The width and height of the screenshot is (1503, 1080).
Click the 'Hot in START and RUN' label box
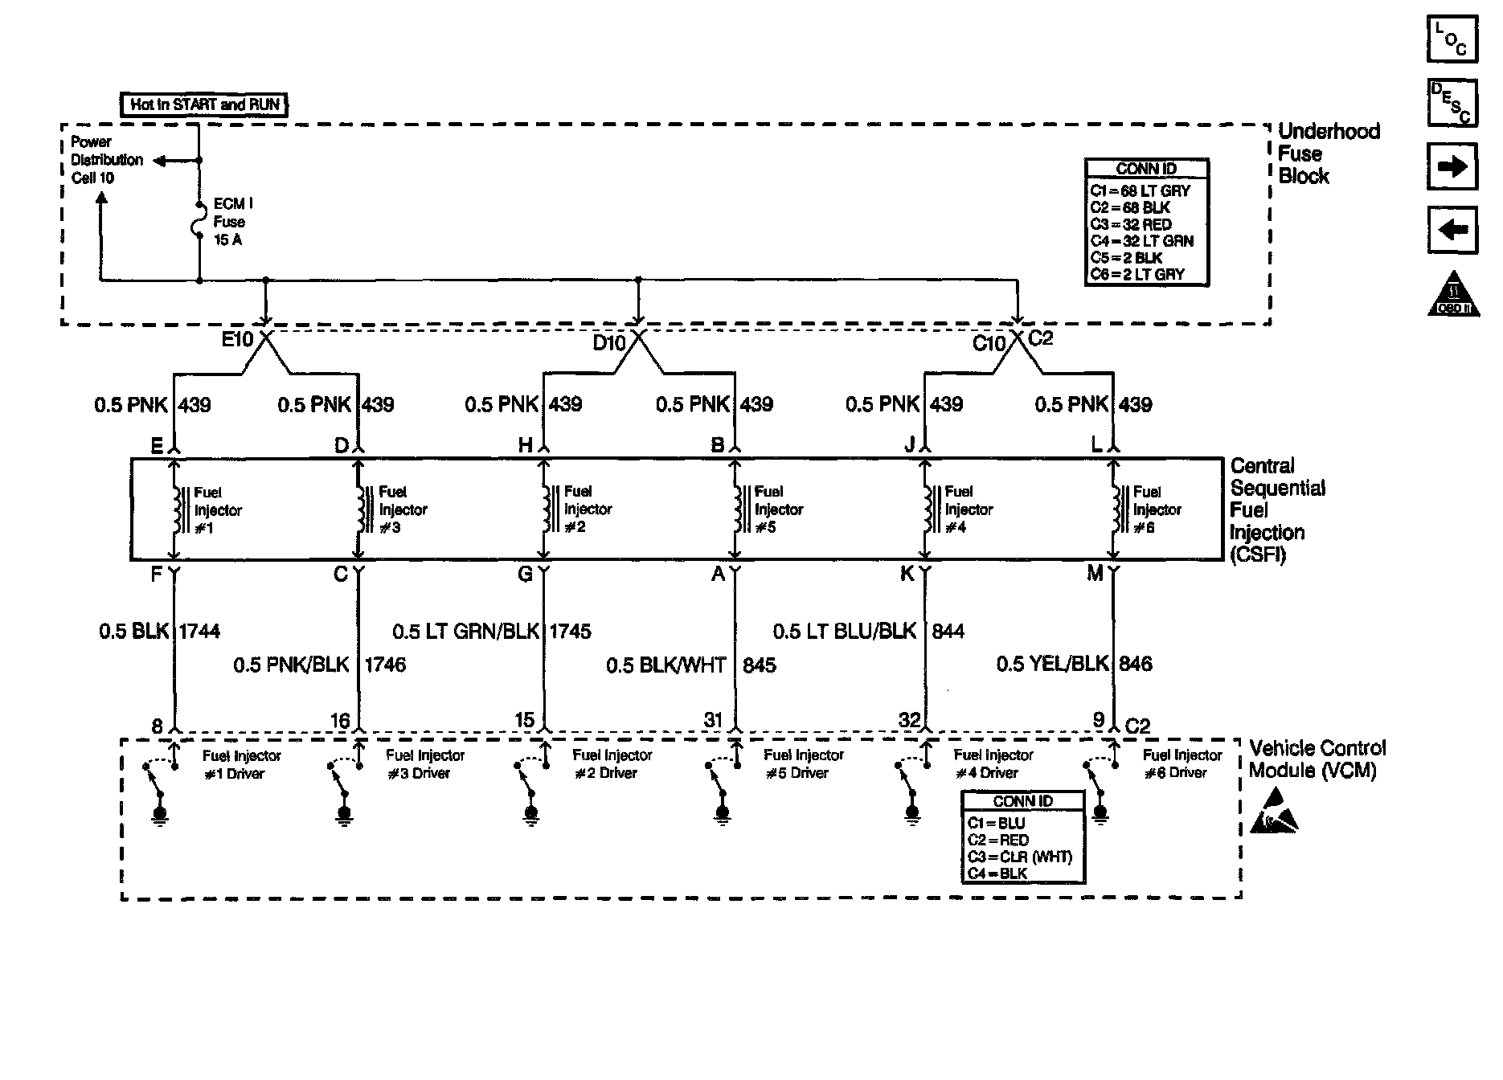pos(205,104)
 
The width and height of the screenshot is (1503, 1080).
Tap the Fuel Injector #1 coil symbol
pos(174,509)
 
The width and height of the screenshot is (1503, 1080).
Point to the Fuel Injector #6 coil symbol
pos(1115,509)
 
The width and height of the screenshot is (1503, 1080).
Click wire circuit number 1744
pos(199,632)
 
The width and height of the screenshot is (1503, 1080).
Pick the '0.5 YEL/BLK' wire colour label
pos(1052,664)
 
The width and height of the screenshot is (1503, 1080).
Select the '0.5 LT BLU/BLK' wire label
pos(845,632)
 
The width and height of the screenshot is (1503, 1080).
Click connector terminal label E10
pos(237,340)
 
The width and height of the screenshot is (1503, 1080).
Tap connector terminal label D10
pos(608,343)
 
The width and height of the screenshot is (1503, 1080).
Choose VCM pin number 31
pos(714,720)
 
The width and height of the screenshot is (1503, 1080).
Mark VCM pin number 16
pos(341,721)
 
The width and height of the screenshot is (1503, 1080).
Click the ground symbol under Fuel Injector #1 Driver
pos(160,816)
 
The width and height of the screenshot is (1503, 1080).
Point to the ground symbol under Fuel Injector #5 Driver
pos(722,816)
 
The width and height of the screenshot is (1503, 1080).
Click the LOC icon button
pos(1452,39)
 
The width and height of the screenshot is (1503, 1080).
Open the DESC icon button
pos(1452,103)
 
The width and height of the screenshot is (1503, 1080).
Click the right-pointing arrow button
pos(1452,166)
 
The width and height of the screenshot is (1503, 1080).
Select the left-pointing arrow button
pos(1452,231)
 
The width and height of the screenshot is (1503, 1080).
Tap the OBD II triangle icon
pos(1454,296)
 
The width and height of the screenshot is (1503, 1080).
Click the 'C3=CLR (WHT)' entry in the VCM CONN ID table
pos(1020,857)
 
